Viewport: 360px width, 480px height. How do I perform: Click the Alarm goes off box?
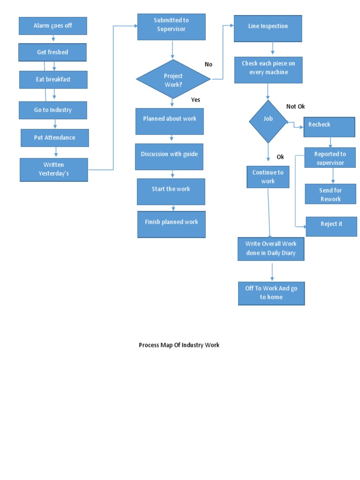[x=52, y=26]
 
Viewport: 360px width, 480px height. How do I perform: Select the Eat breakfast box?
[x=53, y=80]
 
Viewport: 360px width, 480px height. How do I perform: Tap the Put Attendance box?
[x=54, y=138]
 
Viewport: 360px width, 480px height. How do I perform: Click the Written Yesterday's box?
[x=53, y=169]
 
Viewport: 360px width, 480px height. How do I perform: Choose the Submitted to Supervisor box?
[x=171, y=26]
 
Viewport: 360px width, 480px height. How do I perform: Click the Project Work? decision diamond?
[x=173, y=79]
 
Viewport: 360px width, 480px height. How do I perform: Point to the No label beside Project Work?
[x=209, y=64]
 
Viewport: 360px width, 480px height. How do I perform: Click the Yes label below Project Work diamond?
[x=195, y=100]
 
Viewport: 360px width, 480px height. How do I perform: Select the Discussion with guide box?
[x=169, y=156]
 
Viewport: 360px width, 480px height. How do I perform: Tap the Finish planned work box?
[x=171, y=224]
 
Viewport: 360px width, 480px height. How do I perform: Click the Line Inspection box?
[x=268, y=28]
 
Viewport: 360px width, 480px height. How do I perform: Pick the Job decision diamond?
[x=268, y=121]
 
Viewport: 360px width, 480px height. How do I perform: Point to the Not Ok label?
[x=295, y=106]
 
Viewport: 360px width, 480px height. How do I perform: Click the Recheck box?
[x=329, y=127]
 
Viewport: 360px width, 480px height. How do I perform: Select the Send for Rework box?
[x=330, y=194]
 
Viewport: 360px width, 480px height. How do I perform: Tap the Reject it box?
[x=331, y=226]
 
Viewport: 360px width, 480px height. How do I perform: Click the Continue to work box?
[x=268, y=177]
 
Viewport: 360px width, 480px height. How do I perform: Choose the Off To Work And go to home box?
[x=271, y=293]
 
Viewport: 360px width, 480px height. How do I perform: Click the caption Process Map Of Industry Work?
[x=179, y=345]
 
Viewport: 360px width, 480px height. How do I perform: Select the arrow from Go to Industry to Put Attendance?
[x=55, y=124]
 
